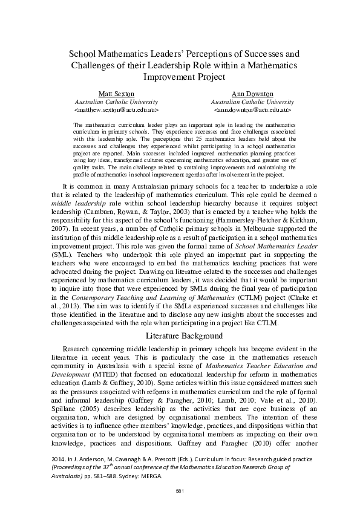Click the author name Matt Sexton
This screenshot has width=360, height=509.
(x=116, y=94)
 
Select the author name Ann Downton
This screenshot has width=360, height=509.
(x=253, y=94)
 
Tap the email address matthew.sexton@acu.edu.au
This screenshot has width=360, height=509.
(x=116, y=111)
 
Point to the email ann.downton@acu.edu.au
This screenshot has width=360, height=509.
(x=253, y=111)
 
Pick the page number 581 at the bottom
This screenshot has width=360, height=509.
(x=180, y=490)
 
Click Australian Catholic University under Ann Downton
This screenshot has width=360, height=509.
(x=253, y=103)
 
